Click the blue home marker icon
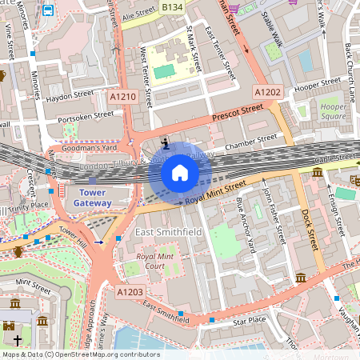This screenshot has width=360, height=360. (x=180, y=172)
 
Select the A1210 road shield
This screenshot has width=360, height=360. (x=122, y=96)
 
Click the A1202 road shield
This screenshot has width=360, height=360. (x=268, y=93)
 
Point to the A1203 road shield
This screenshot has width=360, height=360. (x=130, y=294)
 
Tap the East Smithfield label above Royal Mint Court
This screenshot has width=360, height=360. (x=166, y=232)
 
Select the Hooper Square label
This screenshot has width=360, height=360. (x=334, y=111)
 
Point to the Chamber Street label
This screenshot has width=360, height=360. (x=250, y=146)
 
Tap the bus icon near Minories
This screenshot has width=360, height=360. (x=48, y=10)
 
